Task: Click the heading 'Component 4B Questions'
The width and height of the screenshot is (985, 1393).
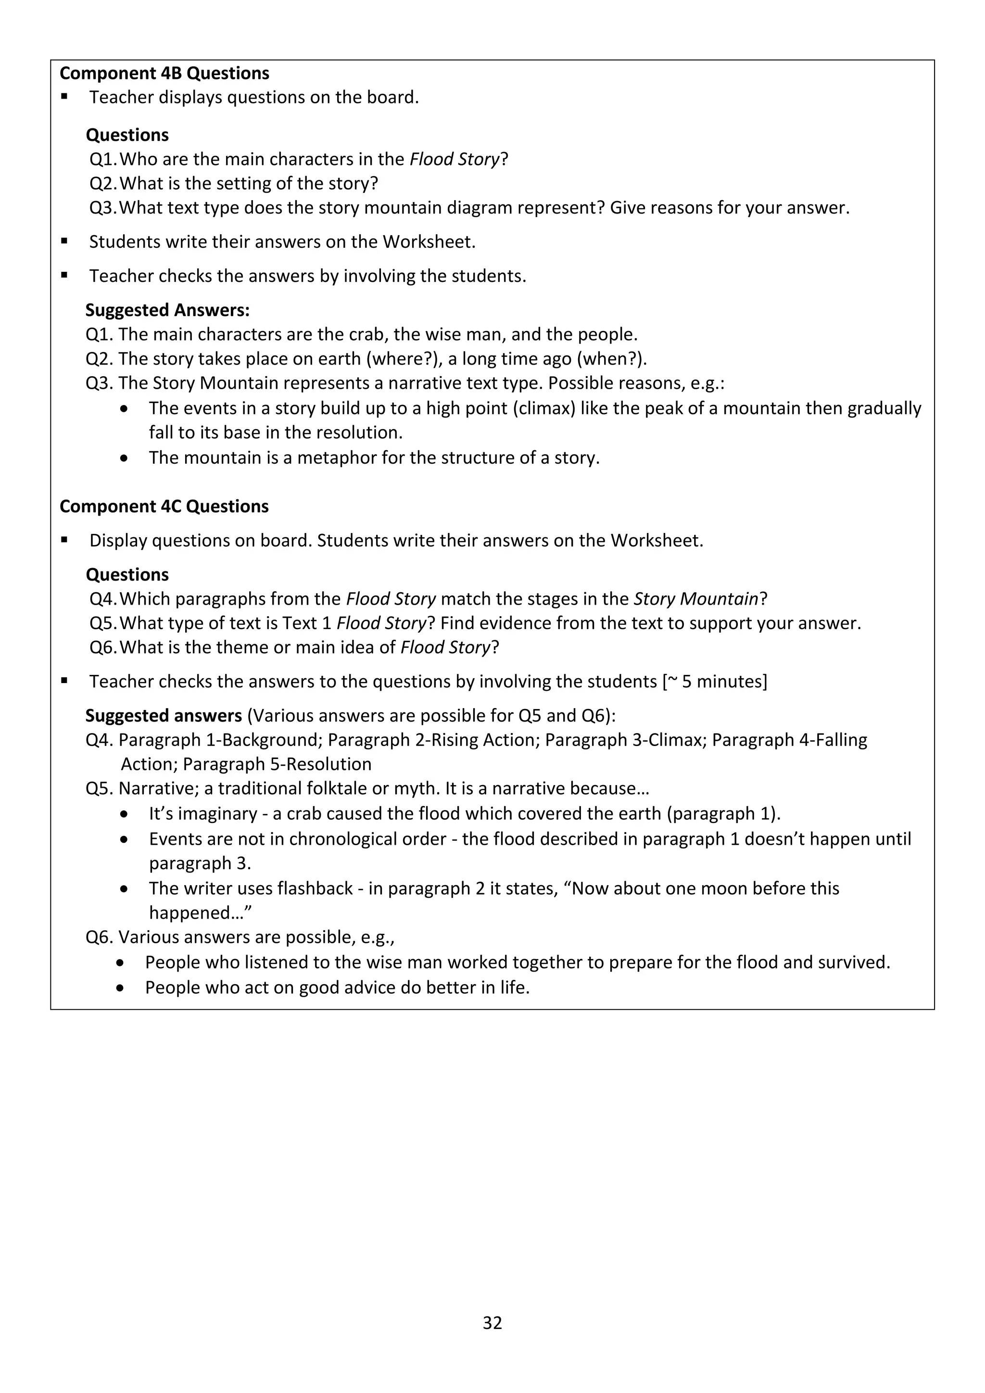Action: [164, 74]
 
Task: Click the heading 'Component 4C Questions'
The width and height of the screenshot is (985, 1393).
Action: [164, 507]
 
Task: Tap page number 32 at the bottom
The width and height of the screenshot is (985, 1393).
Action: [492, 1340]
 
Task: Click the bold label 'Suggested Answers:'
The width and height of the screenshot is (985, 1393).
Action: [167, 310]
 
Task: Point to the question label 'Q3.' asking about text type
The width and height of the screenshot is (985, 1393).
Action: [102, 208]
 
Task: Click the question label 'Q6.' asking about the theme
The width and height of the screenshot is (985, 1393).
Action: [102, 647]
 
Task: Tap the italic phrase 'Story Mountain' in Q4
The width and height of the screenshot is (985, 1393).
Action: [695, 599]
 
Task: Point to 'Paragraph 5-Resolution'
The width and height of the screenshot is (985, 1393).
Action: [277, 764]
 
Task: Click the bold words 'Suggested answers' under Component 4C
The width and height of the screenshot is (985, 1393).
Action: [163, 715]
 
